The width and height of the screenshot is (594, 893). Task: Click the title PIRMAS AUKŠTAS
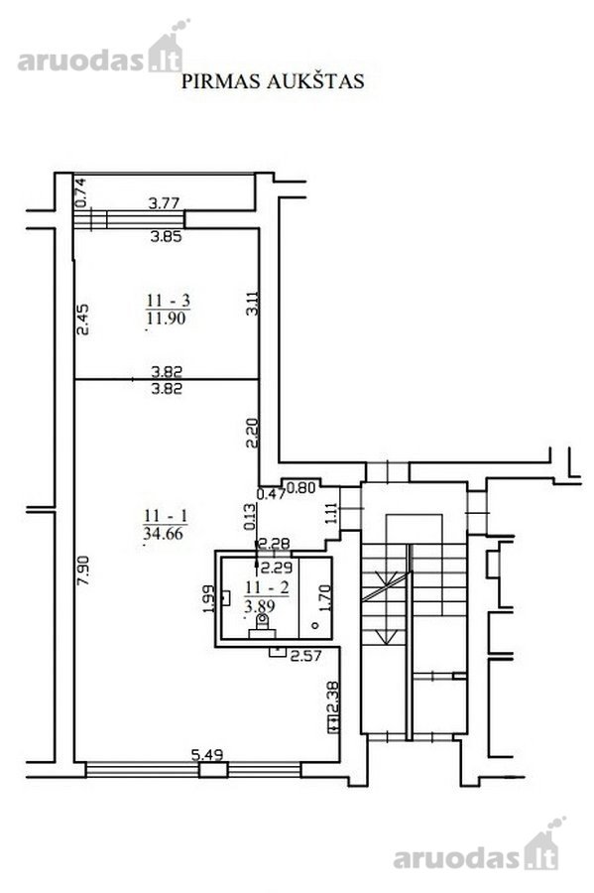(273, 81)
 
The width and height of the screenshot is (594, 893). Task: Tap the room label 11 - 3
(168, 300)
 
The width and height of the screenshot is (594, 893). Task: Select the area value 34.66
(164, 533)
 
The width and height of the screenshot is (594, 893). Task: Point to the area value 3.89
(260, 605)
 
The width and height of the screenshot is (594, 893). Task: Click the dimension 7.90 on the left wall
(83, 572)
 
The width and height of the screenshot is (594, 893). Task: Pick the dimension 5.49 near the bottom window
(207, 755)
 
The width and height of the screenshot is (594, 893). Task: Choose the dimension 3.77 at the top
(164, 202)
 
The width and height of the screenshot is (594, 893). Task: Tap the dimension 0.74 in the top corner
(80, 192)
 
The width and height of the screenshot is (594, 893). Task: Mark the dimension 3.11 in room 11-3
(253, 303)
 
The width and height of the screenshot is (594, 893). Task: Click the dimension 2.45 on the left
(83, 319)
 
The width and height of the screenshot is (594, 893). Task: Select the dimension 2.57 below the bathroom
(306, 656)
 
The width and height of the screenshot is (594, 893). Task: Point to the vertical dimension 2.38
(333, 698)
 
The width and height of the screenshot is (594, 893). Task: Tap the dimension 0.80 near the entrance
(300, 487)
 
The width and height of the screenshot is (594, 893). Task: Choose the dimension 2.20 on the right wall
(253, 433)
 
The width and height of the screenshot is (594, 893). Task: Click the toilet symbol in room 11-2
(263, 626)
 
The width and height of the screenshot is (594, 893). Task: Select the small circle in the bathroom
(315, 625)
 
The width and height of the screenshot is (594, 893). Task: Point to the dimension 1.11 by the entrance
(333, 513)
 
